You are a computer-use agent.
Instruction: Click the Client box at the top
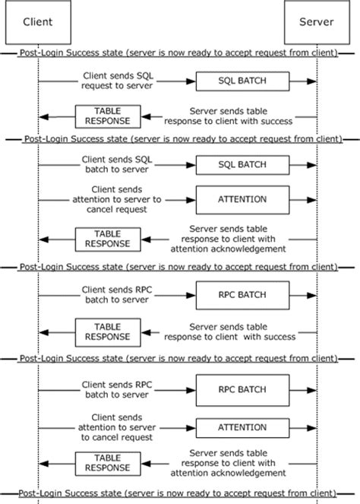tap(38, 22)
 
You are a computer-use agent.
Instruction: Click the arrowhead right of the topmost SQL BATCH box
tap(312, 81)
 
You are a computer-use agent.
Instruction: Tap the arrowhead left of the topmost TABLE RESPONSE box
tap(44, 116)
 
